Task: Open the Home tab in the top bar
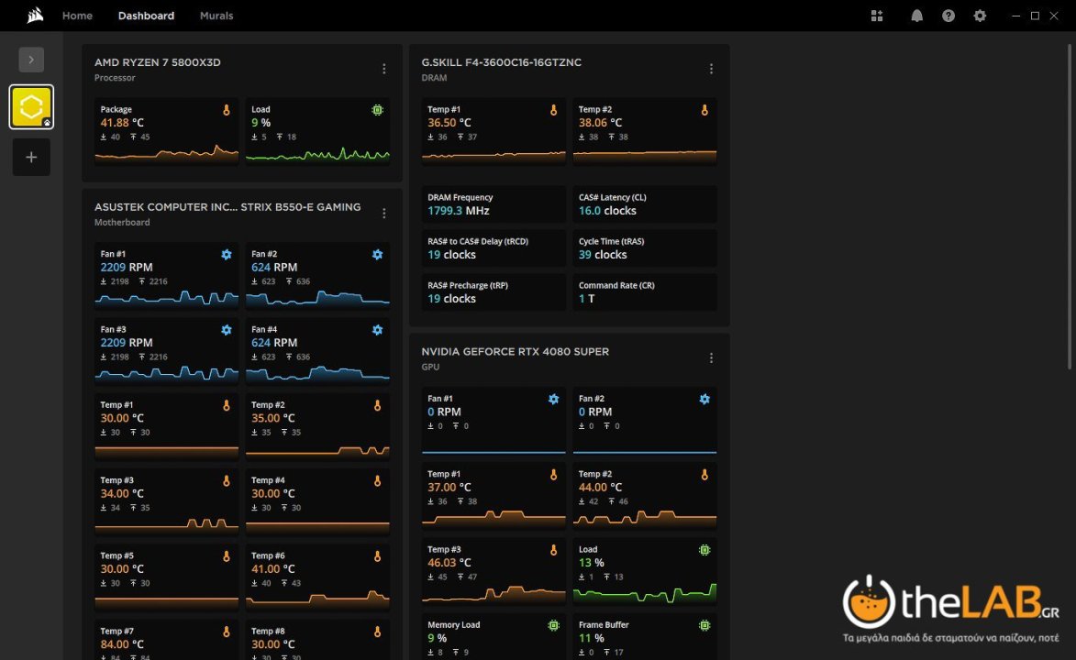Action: pos(77,16)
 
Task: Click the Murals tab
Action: pos(216,16)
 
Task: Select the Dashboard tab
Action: pos(146,16)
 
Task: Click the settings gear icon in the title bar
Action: pos(980,16)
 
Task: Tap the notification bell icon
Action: pos(916,16)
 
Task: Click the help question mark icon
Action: pos(948,16)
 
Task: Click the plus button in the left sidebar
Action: pos(31,157)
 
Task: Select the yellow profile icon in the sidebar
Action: pos(31,107)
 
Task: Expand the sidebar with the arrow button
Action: pos(31,60)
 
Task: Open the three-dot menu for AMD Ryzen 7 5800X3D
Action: pos(384,69)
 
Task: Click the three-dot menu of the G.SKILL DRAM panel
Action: pos(711,69)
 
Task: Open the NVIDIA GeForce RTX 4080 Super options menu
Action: pos(711,358)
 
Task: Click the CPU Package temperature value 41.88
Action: pos(115,123)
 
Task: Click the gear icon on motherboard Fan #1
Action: pos(227,254)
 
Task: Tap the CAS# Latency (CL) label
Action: pos(612,197)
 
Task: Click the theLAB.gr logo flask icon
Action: pos(869,601)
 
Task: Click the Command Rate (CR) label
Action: pos(616,285)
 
